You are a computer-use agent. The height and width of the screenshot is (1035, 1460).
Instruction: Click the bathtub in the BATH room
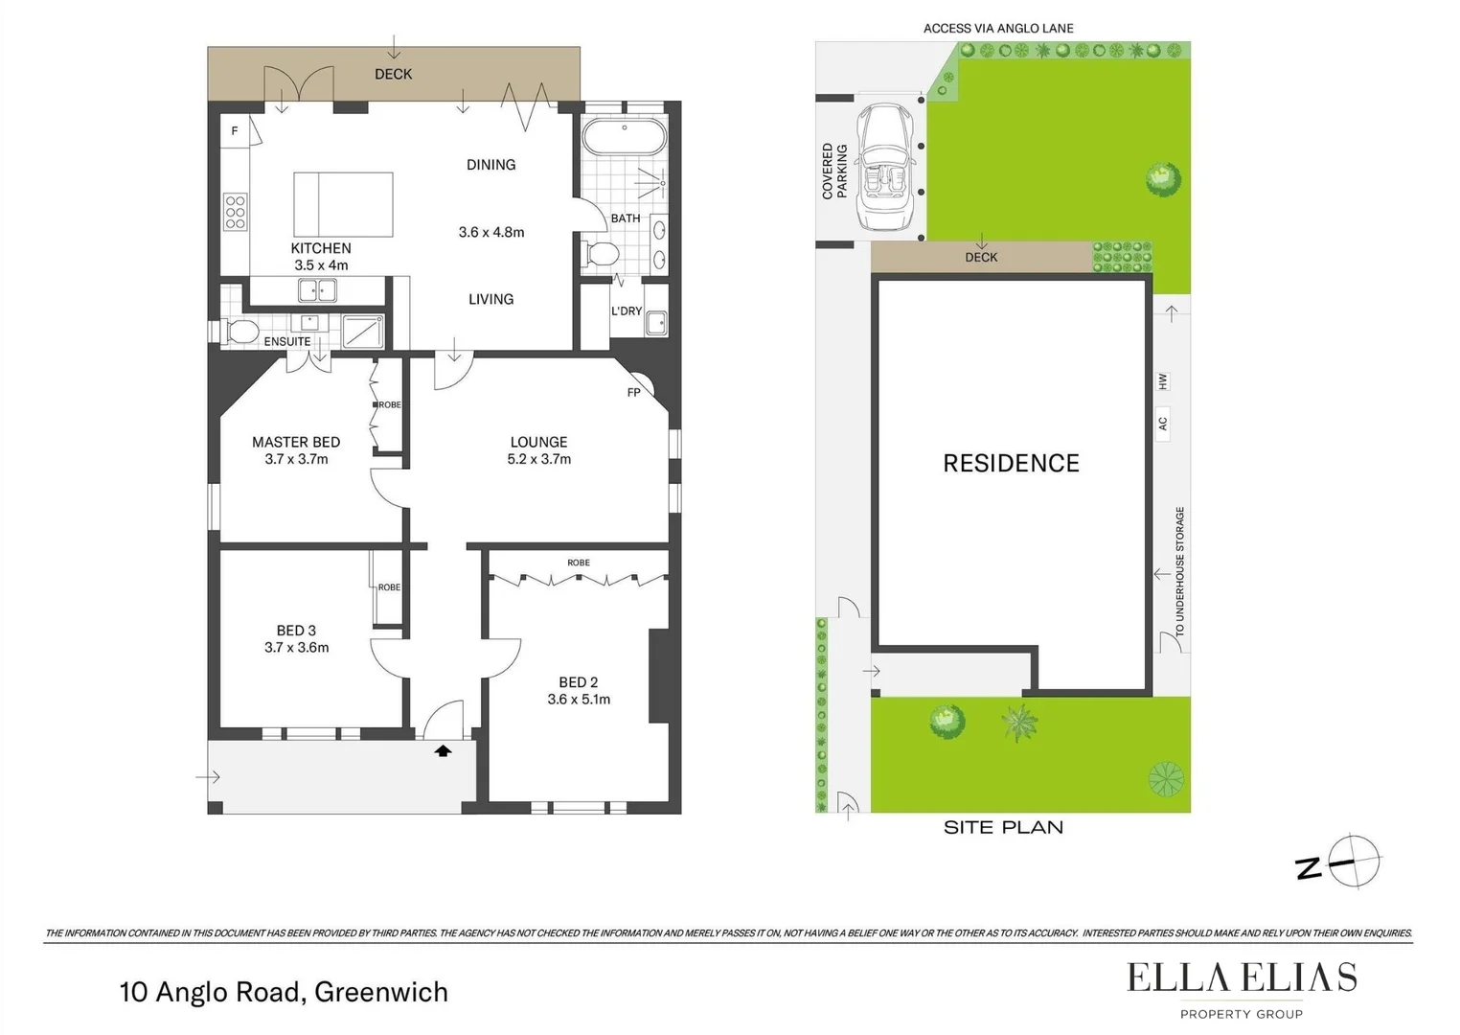624,137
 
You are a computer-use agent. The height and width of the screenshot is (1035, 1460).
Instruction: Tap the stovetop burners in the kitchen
235,212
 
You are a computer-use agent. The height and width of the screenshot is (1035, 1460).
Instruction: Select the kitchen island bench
343,204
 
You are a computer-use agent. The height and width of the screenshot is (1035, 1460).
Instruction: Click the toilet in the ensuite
240,333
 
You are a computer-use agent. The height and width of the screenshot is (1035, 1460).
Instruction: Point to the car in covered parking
886,168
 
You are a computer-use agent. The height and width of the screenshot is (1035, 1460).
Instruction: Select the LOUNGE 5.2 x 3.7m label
538,450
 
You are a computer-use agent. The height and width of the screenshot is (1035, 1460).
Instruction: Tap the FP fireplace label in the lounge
633,393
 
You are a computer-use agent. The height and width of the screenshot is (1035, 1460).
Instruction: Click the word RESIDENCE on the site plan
1011,464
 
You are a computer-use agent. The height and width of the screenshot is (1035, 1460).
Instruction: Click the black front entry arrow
443,751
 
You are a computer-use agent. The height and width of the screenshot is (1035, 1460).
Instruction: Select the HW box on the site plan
1162,381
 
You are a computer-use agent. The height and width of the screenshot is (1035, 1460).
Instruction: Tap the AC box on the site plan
1162,423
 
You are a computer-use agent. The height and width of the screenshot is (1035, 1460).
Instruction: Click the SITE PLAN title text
1003,828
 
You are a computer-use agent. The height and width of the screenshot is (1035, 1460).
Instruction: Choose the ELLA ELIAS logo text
1241,977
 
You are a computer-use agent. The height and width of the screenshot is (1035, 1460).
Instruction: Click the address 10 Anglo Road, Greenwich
284,992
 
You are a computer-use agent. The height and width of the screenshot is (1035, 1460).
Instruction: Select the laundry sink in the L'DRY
656,323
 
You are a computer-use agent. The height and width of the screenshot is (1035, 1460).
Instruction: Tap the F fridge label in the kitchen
235,131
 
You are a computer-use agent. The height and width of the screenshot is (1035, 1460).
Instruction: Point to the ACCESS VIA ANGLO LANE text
998,29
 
